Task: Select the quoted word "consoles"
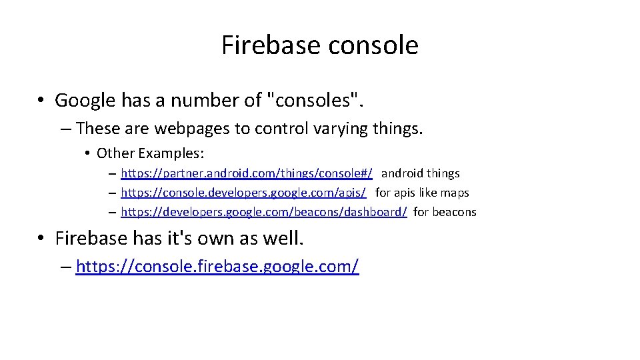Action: tap(315, 101)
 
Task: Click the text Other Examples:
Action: tap(150, 153)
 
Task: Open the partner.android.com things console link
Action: tap(247, 173)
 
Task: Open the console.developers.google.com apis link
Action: tap(243, 193)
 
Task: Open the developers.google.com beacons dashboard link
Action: tap(264, 212)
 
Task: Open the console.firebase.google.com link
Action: tap(217, 267)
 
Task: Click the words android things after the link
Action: tap(421, 173)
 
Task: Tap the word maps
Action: tap(457, 193)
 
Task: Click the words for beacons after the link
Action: tap(445, 212)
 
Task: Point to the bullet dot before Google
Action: tap(41, 101)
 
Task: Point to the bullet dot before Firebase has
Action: tap(41, 239)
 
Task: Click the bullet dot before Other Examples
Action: tap(88, 154)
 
